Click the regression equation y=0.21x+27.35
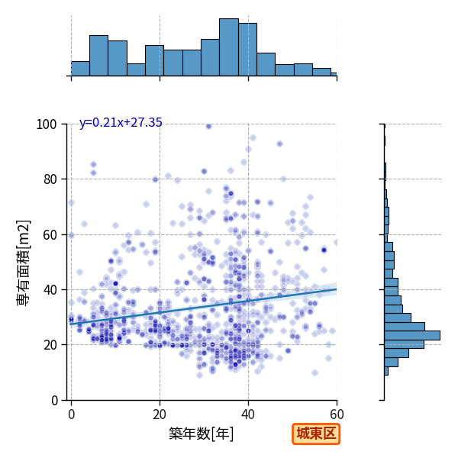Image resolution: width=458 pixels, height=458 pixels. coord(121,123)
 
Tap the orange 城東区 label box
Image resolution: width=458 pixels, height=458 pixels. coord(316,434)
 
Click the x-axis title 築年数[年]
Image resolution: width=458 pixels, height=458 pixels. coord(202,434)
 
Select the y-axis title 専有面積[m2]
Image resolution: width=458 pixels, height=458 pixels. coord(24,263)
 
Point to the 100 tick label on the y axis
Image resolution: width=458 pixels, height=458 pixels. coord(46,124)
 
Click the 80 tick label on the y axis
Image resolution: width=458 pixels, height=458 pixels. coord(50,179)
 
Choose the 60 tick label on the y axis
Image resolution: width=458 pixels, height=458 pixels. coord(50,235)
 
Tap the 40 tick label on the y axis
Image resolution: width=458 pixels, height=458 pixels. coord(50,290)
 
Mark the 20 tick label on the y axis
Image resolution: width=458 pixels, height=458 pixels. coord(50,345)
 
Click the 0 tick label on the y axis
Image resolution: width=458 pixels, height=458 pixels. coord(54,401)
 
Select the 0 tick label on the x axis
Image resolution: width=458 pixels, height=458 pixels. coord(72,414)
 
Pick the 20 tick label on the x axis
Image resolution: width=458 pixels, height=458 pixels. coord(160,414)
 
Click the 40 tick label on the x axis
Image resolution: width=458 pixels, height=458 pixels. coord(248,414)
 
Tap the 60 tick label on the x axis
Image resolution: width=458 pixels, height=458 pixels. coord(337,414)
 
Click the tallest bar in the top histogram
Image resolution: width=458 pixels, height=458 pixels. coord(229,47)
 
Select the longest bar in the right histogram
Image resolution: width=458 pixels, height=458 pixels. coord(412,335)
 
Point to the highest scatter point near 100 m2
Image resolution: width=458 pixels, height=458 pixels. coord(208,126)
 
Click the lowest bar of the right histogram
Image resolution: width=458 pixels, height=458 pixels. coord(386,371)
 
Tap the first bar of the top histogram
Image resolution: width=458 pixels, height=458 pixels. coord(80,69)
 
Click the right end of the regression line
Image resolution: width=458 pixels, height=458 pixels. coord(337,289)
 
